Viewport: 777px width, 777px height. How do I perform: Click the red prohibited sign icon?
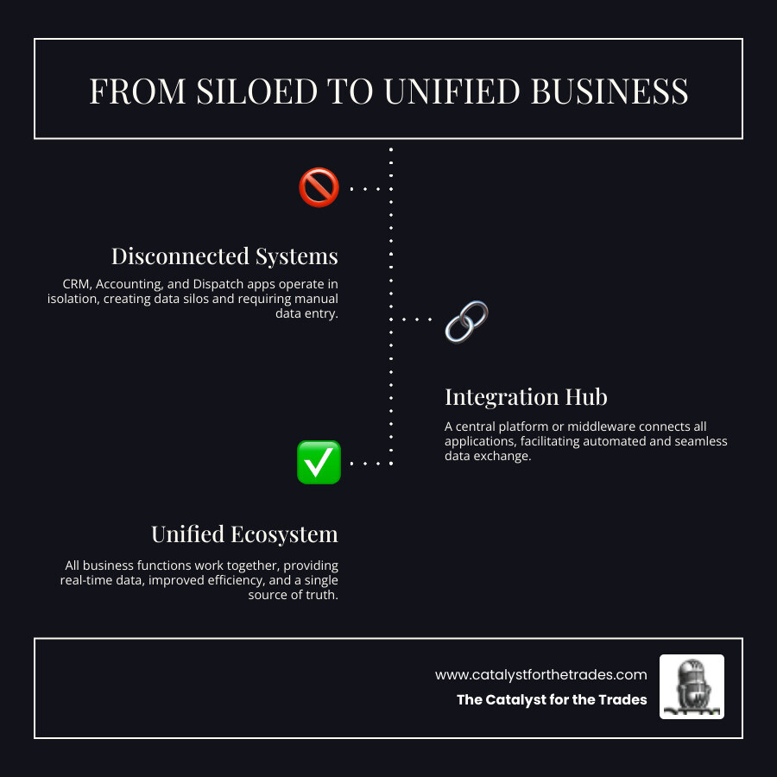[319, 186]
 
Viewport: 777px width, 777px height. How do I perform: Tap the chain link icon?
[466, 320]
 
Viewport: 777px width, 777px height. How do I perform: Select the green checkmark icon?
[319, 462]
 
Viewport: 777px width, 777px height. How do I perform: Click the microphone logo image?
[692, 686]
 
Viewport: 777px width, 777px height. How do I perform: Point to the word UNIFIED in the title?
[450, 91]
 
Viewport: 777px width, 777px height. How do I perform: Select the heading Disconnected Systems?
[224, 256]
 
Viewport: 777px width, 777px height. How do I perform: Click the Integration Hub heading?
[526, 397]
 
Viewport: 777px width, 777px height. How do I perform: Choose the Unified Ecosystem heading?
[244, 534]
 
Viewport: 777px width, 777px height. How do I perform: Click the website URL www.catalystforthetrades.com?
[540, 675]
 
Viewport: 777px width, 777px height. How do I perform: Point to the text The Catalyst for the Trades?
[552, 700]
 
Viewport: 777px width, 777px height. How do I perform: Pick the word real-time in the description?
[86, 580]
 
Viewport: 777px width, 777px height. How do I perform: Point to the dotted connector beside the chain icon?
[417, 319]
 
